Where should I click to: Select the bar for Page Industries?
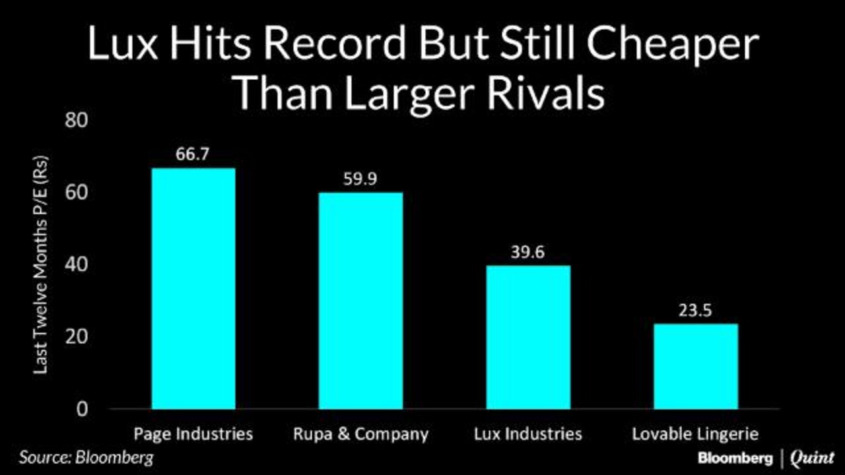click(x=193, y=288)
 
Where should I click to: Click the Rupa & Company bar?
click(x=360, y=300)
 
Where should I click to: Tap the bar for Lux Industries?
click(x=528, y=337)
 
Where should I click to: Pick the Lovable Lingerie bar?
click(x=696, y=366)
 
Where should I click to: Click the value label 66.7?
click(x=192, y=154)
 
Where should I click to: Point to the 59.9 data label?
click(x=360, y=179)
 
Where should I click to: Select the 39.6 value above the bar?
click(x=527, y=252)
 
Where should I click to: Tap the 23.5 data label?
click(x=695, y=311)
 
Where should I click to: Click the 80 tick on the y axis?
click(x=76, y=120)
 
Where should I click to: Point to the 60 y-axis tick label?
click(x=76, y=192)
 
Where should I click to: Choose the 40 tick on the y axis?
click(x=76, y=265)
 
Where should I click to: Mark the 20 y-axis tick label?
click(x=76, y=336)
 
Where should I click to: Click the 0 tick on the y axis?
click(x=82, y=409)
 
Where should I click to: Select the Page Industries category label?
click(x=193, y=434)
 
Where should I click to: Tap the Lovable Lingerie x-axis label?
click(x=695, y=434)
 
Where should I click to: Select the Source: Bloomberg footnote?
click(x=86, y=458)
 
